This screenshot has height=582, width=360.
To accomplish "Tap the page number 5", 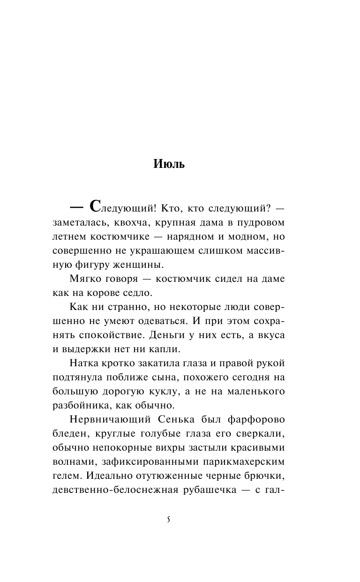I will [x=168, y=520].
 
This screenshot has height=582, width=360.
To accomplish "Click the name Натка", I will [x=84, y=364].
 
